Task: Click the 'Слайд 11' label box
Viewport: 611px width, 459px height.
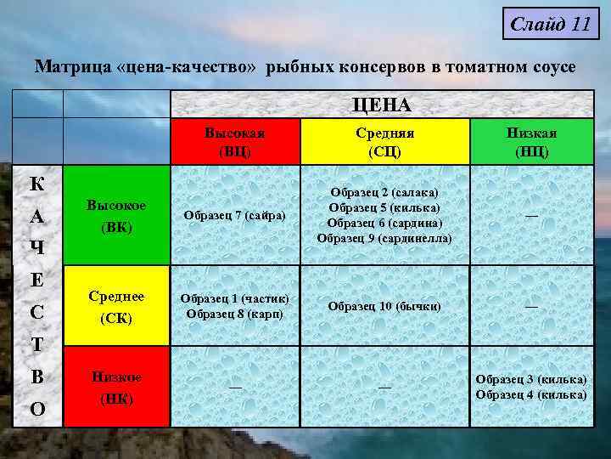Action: click(550, 24)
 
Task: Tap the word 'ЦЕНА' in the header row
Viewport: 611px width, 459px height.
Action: click(382, 105)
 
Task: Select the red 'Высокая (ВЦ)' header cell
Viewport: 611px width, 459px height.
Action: click(234, 141)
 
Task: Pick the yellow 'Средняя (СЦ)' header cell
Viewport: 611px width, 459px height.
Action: click(384, 141)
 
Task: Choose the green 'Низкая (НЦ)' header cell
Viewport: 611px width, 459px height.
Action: click(531, 141)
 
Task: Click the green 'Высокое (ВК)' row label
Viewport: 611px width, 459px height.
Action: click(116, 216)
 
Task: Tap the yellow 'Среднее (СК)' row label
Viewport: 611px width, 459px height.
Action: click(116, 306)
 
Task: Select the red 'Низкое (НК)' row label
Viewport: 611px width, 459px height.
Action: click(116, 387)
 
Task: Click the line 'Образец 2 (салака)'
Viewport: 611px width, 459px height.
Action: click(384, 195)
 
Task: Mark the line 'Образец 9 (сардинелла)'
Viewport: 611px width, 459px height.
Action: click(384, 238)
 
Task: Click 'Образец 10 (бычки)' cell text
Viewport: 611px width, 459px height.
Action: click(384, 305)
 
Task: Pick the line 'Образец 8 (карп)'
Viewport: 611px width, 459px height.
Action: click(234, 313)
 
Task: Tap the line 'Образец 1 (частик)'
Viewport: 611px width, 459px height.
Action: click(234, 298)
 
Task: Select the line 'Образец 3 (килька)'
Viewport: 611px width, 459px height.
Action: click(531, 379)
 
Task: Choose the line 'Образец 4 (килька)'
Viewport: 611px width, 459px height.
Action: click(531, 394)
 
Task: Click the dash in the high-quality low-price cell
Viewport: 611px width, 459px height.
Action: click(531, 216)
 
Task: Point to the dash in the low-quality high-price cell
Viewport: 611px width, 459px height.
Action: click(234, 387)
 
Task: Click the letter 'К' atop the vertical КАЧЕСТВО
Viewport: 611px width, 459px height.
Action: click(37, 184)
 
